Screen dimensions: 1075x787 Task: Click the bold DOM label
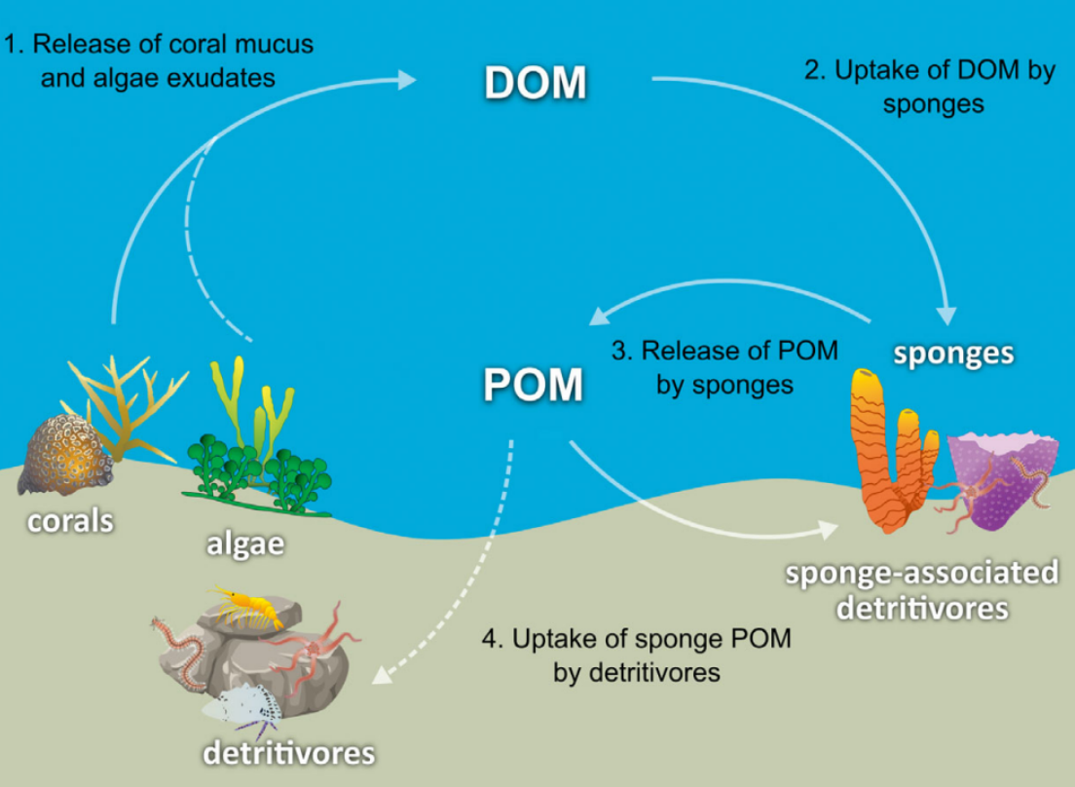coord(536,83)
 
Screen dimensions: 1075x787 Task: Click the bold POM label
coord(534,384)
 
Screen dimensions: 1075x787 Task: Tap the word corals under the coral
coord(70,522)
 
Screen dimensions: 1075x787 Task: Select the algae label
coord(245,544)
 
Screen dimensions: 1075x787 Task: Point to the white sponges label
coord(953,354)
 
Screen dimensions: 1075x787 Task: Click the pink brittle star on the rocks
coord(312,648)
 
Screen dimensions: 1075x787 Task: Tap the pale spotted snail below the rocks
coord(243,706)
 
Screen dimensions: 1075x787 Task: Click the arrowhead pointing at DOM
coord(407,80)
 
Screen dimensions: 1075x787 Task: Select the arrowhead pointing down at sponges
coord(946,315)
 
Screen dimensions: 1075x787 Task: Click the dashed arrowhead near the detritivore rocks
coord(382,675)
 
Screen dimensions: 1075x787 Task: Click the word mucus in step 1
coord(275,45)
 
